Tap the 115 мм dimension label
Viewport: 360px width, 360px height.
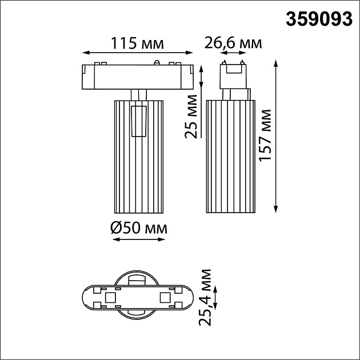(137, 43)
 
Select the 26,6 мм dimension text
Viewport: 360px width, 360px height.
(234, 43)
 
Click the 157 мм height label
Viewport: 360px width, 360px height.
(265, 135)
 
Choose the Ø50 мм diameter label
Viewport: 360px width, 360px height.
(138, 228)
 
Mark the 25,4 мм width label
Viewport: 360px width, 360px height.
(207, 297)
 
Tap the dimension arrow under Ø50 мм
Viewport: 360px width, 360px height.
(138, 239)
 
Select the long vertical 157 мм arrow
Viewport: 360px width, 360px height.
(277, 135)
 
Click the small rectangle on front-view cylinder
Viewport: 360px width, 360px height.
(139, 121)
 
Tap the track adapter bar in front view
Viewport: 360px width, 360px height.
(137, 76)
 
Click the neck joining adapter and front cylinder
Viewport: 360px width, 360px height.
(139, 94)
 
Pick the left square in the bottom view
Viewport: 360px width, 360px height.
(110, 297)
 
